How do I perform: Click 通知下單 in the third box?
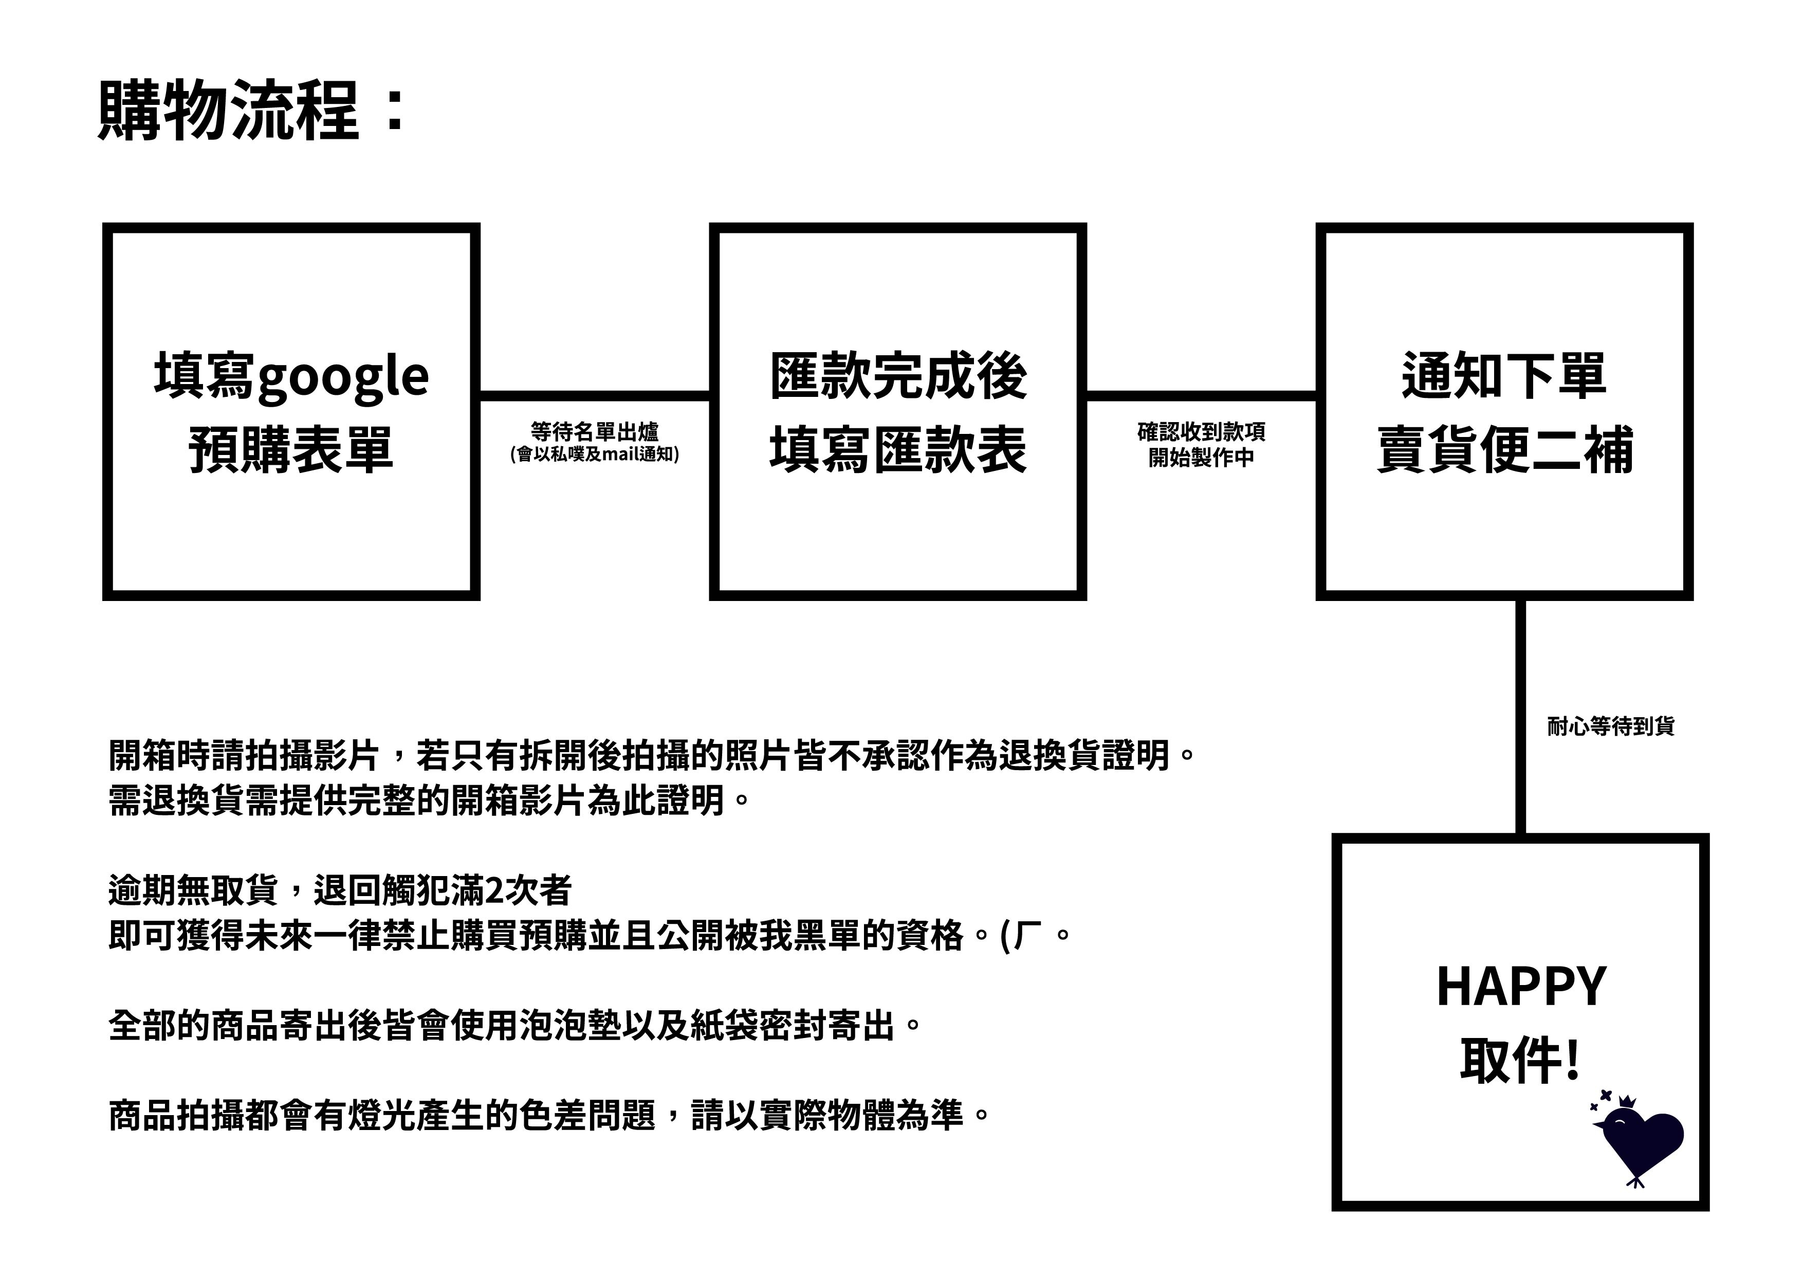point(1504,375)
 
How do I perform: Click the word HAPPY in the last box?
point(1521,987)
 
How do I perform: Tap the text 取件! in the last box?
point(1519,1061)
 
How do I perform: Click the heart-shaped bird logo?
point(1638,1141)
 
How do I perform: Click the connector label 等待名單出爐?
point(595,431)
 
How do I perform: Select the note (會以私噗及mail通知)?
point(595,454)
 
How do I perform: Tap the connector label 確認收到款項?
point(1202,431)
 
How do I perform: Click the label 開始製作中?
point(1202,457)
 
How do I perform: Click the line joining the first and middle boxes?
point(595,396)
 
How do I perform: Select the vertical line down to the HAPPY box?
point(1520,717)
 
